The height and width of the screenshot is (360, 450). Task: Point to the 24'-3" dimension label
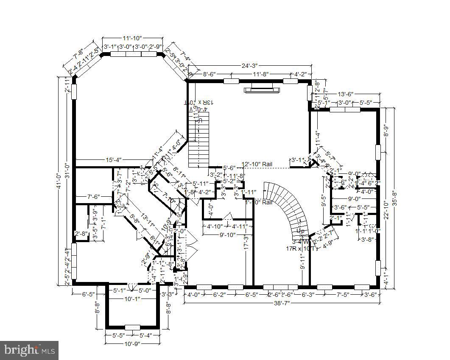pos(249,66)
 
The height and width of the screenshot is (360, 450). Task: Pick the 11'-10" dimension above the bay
pos(133,38)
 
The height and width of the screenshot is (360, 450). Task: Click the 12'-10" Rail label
pos(257,164)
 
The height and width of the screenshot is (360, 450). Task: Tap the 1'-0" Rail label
pos(259,202)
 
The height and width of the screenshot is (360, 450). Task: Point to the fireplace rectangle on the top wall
pos(261,89)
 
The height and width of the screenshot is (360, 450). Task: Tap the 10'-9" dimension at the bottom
pos(132,343)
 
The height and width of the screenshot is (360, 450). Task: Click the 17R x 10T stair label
pos(300,248)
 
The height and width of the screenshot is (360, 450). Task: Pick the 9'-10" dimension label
pos(227,234)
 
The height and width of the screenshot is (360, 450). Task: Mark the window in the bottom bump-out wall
pos(132,327)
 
